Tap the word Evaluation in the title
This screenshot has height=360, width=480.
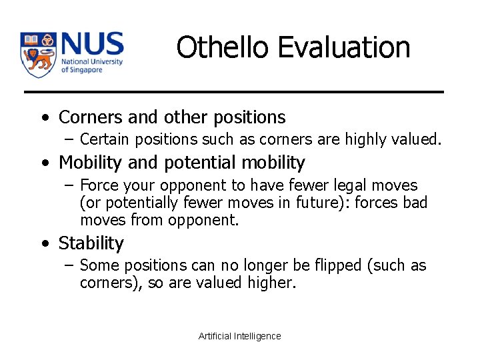click(x=344, y=48)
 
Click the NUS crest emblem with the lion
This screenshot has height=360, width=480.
click(x=38, y=54)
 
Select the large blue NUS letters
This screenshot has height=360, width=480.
click(x=92, y=45)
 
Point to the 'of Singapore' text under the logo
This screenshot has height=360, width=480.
click(x=83, y=70)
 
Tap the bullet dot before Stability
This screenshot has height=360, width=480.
click(x=45, y=244)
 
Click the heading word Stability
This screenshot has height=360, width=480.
click(x=91, y=243)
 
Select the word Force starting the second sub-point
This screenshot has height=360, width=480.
click(x=97, y=185)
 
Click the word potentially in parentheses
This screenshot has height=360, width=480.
click(x=125, y=203)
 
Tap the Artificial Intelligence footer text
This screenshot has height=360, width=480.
click(x=240, y=336)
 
